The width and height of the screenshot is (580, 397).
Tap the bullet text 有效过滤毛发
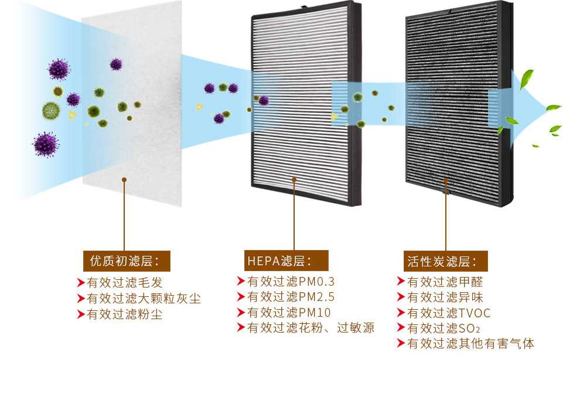coord(124,283)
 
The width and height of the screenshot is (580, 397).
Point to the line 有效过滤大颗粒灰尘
coord(144,299)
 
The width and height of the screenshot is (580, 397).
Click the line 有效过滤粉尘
coord(124,314)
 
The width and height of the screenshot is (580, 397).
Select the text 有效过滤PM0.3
coord(291,281)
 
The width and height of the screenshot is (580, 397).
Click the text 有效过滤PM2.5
coord(291,297)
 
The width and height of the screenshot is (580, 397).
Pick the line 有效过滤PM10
coord(289,312)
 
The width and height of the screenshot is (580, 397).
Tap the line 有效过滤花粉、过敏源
coord(311,328)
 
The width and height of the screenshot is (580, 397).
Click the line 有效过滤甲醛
coord(445,282)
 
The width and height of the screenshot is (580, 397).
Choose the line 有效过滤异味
coord(445,297)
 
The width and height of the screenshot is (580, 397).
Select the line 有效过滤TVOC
coord(449,313)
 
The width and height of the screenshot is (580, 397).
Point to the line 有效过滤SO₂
coord(443,328)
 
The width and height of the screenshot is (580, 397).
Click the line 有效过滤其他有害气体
coord(470,344)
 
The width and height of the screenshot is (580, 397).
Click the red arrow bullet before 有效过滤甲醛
coord(401,282)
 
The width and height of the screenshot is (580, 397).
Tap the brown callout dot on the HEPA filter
coord(294,180)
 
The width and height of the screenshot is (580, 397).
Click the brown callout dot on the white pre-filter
coord(124,180)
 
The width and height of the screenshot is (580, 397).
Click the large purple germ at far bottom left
coord(46,144)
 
